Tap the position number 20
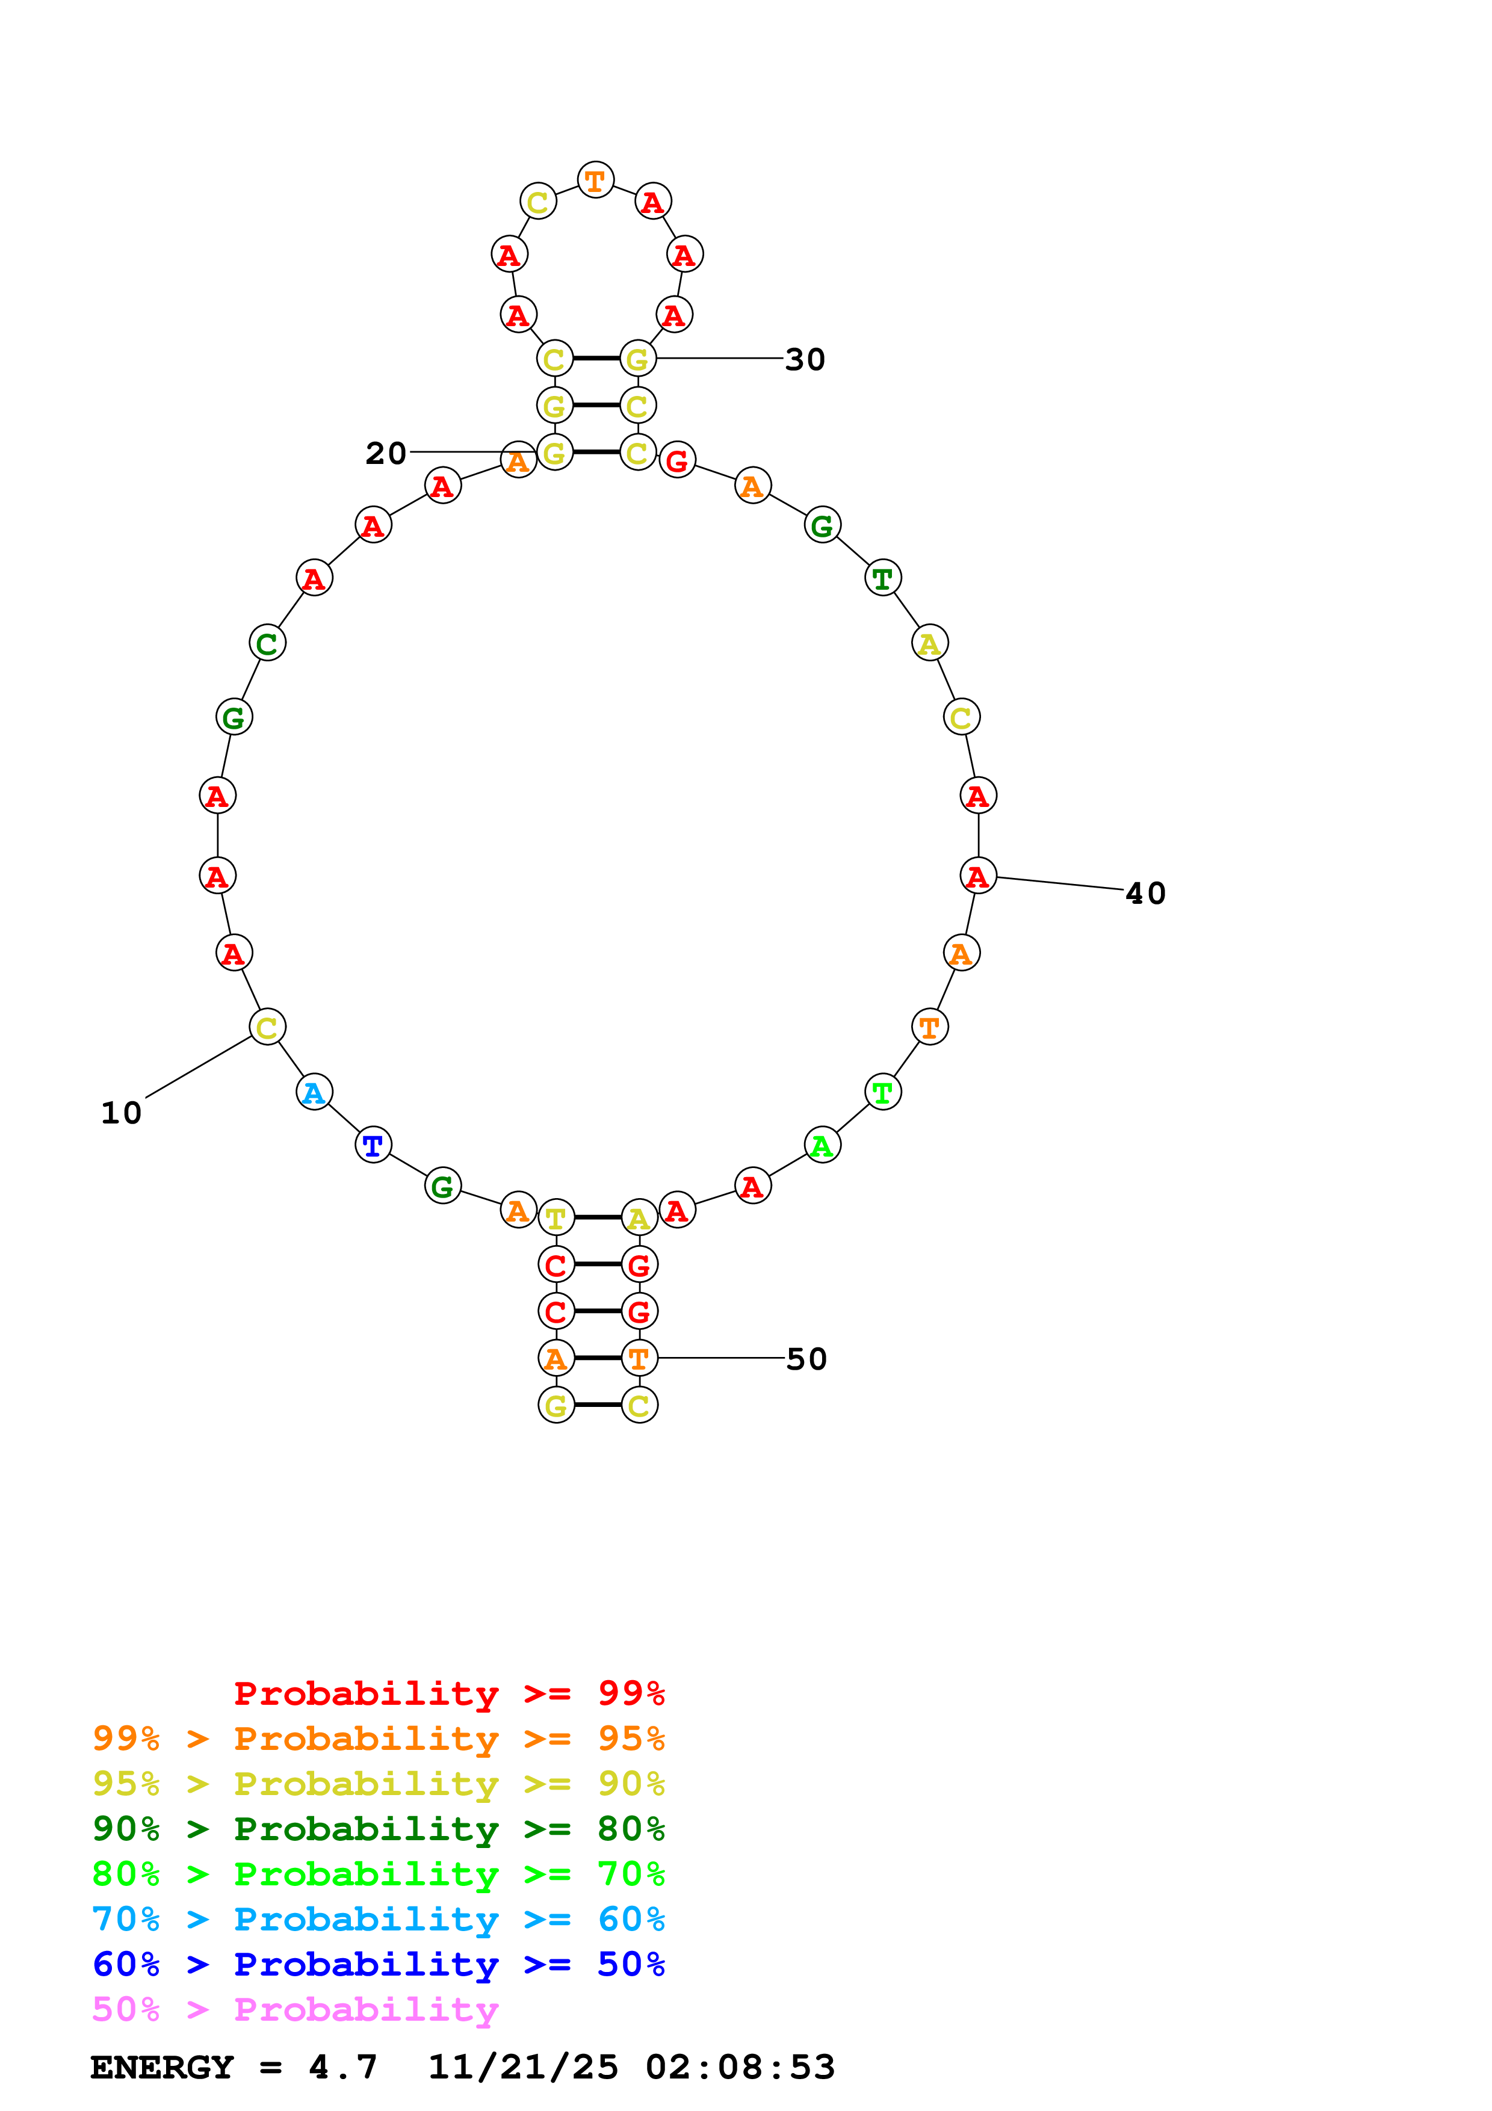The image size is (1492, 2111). coord(385,453)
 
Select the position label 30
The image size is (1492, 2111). coord(805,359)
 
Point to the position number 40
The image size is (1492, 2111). coord(1145,894)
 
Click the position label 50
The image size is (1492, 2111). coord(806,1359)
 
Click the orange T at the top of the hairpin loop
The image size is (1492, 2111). coord(596,180)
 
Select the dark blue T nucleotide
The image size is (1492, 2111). coord(373,1146)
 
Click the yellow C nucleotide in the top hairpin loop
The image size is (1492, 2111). coord(538,202)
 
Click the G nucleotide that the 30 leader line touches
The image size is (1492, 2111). coord(638,359)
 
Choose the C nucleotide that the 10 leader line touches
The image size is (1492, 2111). coord(267,1028)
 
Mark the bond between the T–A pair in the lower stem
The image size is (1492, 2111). coord(598,1218)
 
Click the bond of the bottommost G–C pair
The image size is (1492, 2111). coord(598,1405)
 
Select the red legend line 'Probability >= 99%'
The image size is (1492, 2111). coord(448,1693)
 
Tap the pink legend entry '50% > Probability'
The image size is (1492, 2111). coord(295,2010)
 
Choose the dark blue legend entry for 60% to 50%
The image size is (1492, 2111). coord(378,1965)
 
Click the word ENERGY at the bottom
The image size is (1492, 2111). coord(162,2068)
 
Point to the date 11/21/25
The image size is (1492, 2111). coord(523,2068)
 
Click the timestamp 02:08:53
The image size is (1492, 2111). coord(740,2068)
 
